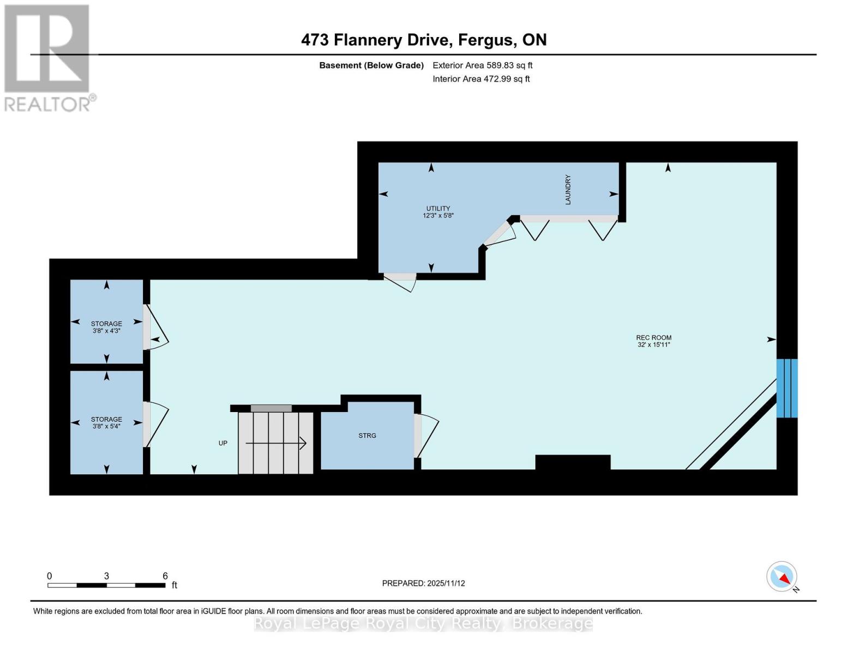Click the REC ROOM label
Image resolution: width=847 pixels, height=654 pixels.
pos(653,337)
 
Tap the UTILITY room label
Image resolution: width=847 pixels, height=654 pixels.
pos(438,208)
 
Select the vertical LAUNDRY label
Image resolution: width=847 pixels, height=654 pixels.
pos(568,190)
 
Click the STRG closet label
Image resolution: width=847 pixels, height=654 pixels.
pos(367,435)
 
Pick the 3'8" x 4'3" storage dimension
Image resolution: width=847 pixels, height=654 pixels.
pos(106,331)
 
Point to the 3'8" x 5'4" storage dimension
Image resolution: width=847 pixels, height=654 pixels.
pos(106,426)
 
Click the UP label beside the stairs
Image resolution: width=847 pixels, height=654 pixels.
pos(223,443)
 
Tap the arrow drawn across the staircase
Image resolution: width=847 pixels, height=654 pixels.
pos(275,444)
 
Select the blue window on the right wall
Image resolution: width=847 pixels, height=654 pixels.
pos(787,388)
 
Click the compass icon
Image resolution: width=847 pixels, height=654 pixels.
pos(782,577)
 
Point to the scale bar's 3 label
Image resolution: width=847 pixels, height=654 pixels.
pos(106,576)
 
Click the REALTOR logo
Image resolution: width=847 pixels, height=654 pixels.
pos(47,57)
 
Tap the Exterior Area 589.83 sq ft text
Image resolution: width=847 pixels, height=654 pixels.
pos(482,65)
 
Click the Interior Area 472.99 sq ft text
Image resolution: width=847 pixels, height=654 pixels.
pos(481,79)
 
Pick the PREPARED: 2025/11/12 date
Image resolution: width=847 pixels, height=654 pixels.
pos(423,583)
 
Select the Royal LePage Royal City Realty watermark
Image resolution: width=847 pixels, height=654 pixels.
pos(423,623)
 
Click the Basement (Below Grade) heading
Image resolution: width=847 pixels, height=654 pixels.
pos(371,65)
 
